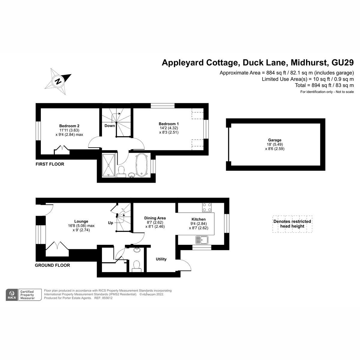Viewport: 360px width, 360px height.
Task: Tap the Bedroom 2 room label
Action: [x=69, y=126]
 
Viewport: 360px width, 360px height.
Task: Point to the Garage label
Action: [x=274, y=140]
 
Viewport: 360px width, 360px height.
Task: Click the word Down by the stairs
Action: [x=110, y=126]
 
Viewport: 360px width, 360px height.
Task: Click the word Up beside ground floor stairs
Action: [x=111, y=223]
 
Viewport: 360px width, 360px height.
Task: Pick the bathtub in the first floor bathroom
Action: [x=141, y=165]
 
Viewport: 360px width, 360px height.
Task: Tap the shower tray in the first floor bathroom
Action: [x=108, y=165]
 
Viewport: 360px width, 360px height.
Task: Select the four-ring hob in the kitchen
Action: [x=207, y=207]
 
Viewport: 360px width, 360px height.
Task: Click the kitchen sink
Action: [x=202, y=240]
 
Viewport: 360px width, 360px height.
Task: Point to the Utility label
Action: [x=161, y=259]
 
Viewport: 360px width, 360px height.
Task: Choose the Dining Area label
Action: [x=155, y=218]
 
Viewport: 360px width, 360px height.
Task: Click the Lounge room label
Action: [x=81, y=221]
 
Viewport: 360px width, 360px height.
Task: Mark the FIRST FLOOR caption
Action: [x=50, y=164]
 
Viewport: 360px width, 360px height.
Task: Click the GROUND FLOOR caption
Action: [x=52, y=265]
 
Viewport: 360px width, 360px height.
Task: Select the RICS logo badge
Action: [x=12, y=295]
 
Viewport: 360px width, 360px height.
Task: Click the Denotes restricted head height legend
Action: [x=292, y=224]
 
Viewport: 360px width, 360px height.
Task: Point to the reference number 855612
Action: [x=107, y=298]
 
